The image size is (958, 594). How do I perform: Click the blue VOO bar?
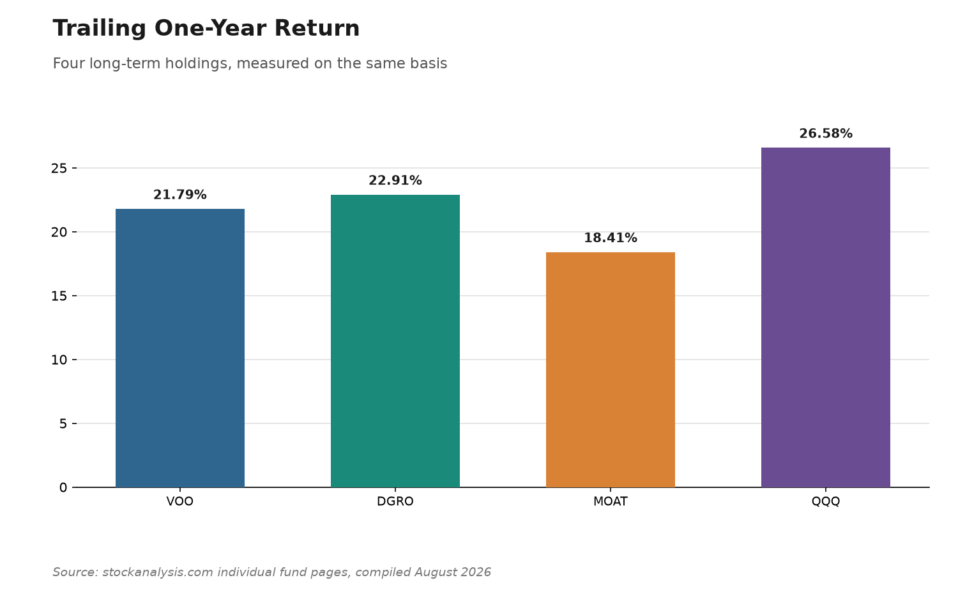180,348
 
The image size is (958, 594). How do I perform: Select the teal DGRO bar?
395,341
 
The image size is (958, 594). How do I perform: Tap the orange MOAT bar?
611,369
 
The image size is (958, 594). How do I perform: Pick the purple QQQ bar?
825,317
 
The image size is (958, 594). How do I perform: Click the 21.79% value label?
180,195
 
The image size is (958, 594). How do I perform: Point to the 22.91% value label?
395,181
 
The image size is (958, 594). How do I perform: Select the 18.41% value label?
611,238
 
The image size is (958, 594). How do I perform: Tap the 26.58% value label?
825,133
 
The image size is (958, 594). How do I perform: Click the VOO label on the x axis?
180,501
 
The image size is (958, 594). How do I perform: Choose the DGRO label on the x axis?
395,501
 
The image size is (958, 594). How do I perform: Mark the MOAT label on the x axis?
611,501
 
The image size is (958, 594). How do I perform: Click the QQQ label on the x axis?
825,501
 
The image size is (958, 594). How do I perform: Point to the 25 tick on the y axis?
59,169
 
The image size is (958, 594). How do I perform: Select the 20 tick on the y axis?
59,232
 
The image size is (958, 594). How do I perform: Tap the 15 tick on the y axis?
59,296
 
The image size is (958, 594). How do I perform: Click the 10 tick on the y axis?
59,360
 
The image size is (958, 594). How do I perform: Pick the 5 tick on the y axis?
63,424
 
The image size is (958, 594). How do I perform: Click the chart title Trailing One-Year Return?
206,29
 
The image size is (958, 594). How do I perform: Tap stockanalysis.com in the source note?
157,572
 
